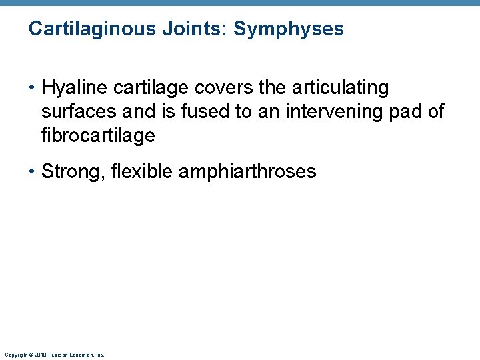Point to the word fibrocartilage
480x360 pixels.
[x=98, y=136]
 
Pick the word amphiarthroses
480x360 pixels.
[x=247, y=172]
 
